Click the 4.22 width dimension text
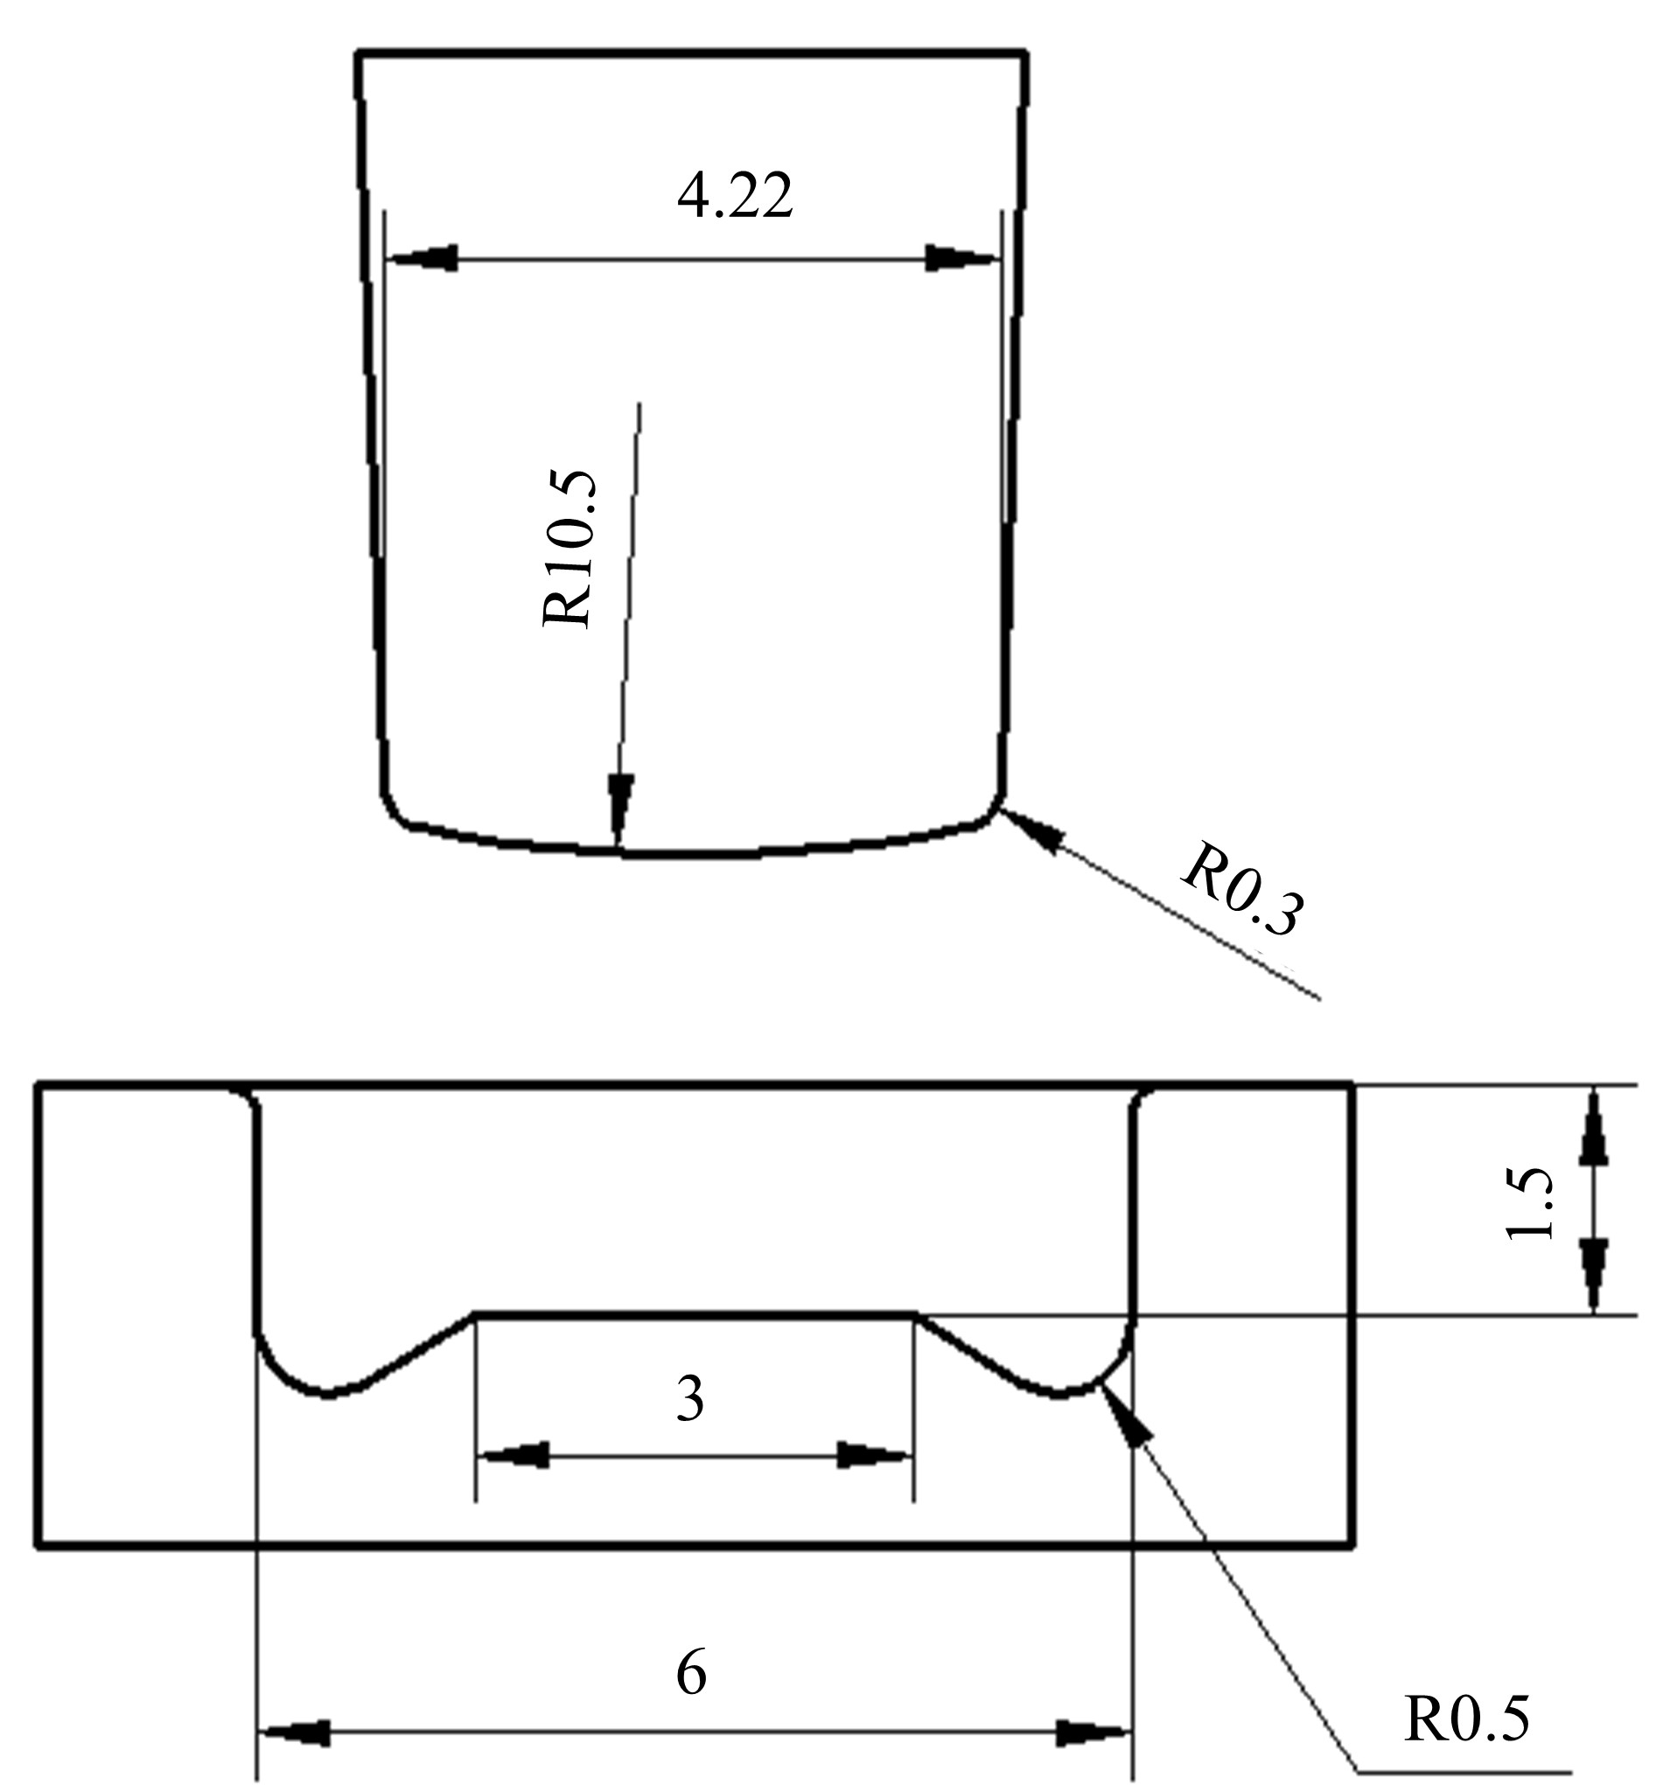[734, 196]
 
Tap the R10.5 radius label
[569, 548]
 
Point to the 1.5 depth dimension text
[1530, 1204]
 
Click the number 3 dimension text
[689, 1400]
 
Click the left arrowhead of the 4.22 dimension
[422, 258]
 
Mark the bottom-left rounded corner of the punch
[396, 810]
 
